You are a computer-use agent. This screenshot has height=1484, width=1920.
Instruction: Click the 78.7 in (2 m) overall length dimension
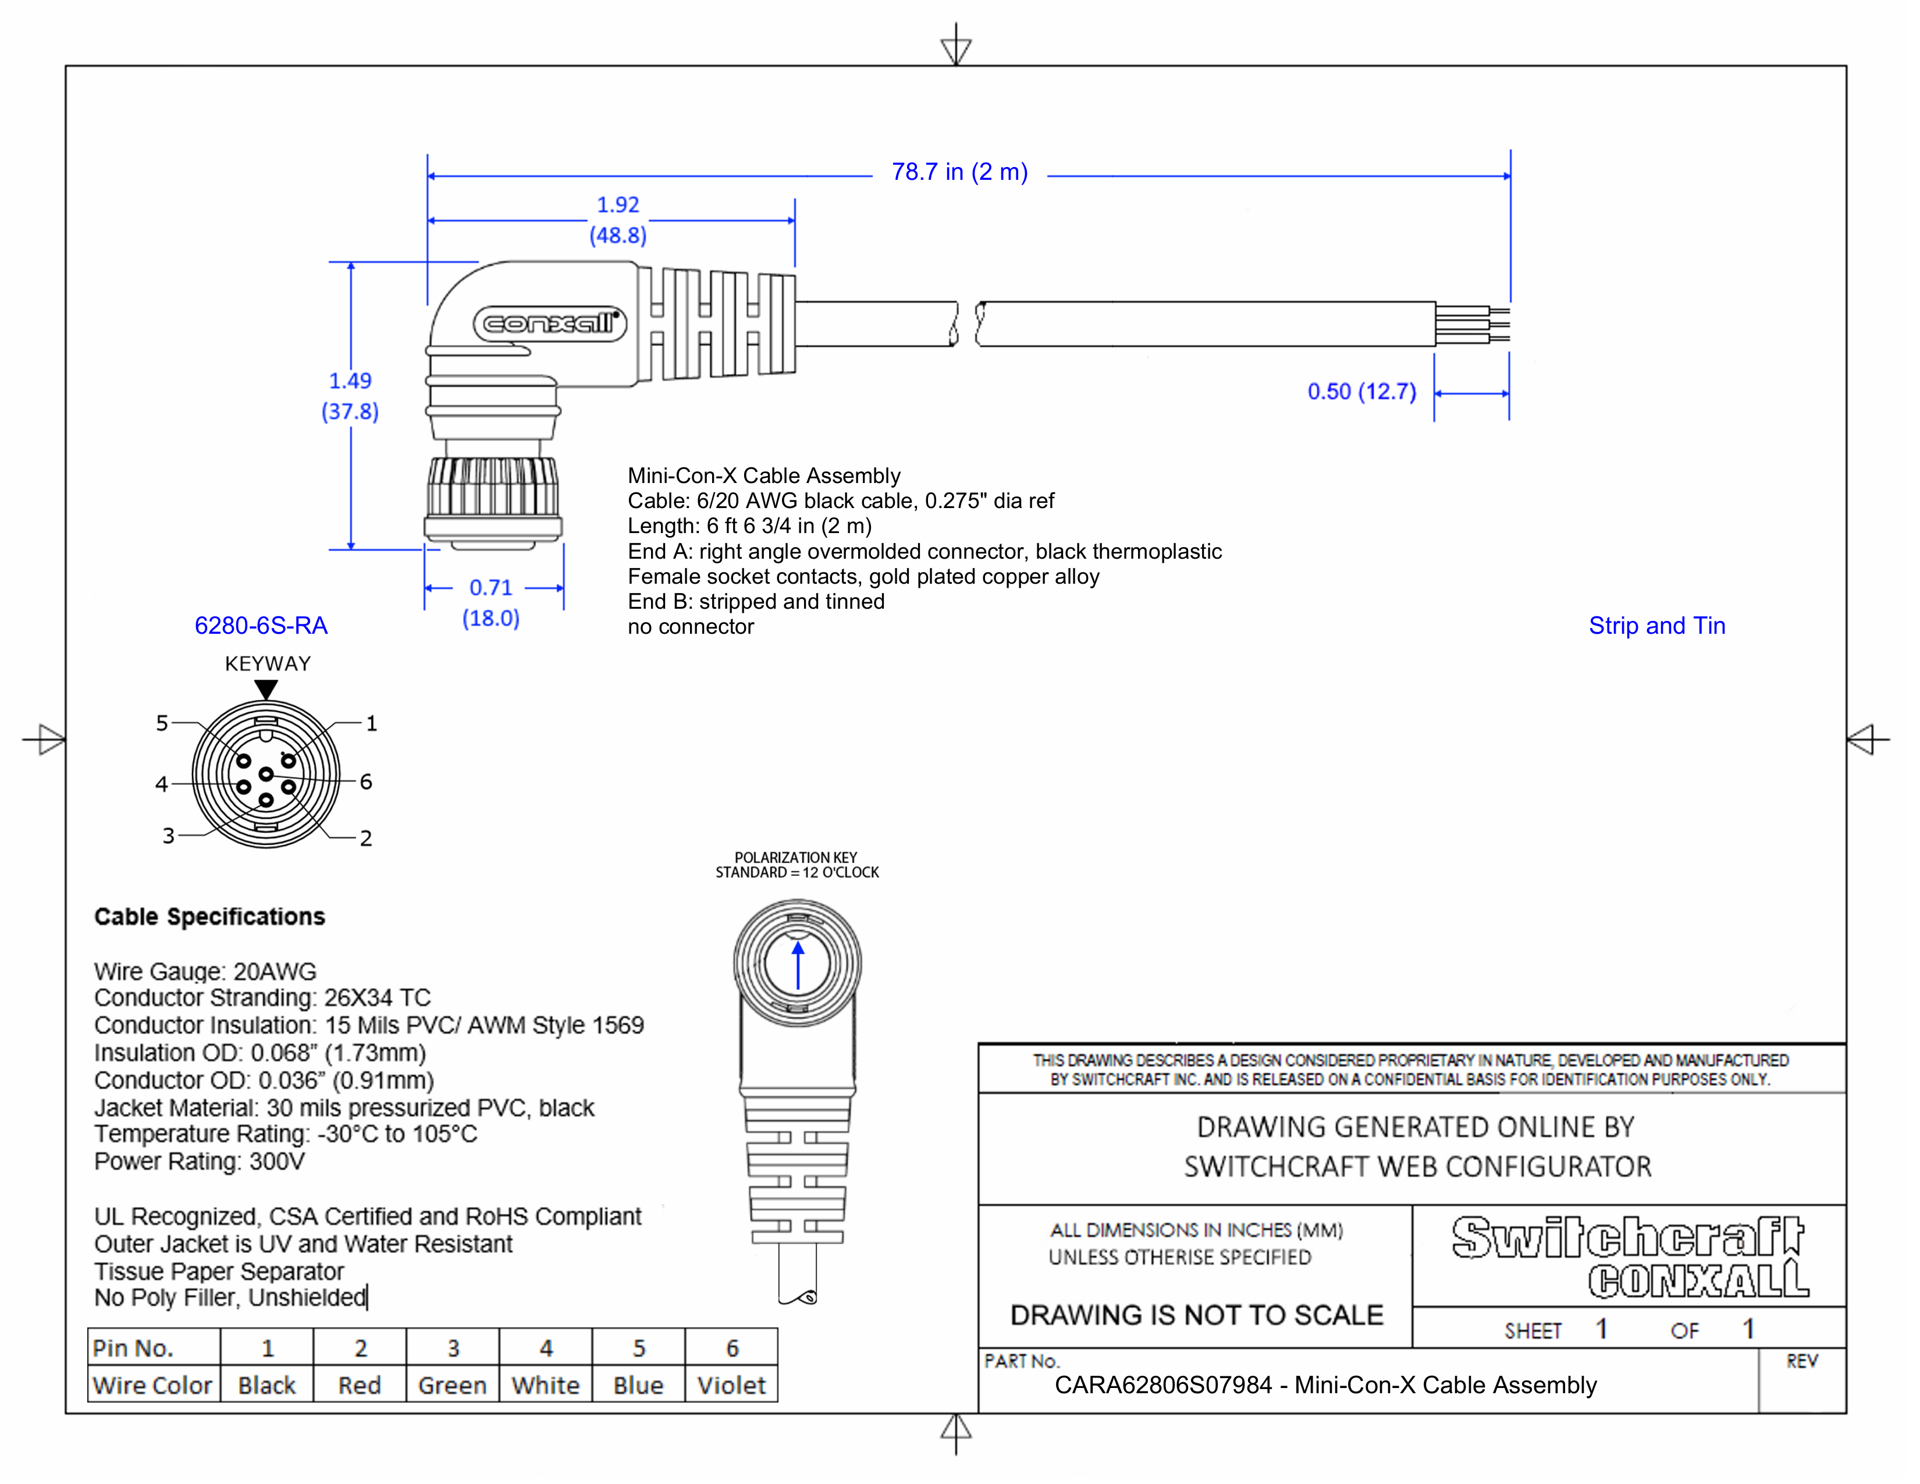pyautogui.click(x=959, y=172)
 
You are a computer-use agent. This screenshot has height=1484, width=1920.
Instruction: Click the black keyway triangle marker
pyautogui.click(x=266, y=689)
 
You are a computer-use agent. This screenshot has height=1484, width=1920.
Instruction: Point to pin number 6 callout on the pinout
pyautogui.click(x=366, y=782)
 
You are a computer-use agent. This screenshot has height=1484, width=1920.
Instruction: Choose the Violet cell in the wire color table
pyautogui.click(x=731, y=1386)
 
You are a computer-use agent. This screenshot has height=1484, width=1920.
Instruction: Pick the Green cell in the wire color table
pyautogui.click(x=452, y=1386)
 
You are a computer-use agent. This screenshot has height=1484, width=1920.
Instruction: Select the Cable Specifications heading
pyautogui.click(x=209, y=917)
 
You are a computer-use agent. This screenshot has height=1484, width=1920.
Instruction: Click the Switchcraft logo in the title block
pyautogui.click(x=1628, y=1238)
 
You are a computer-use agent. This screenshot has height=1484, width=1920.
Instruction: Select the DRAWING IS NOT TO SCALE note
pyautogui.click(x=1196, y=1315)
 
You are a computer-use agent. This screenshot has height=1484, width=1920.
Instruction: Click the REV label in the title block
pyautogui.click(x=1801, y=1361)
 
